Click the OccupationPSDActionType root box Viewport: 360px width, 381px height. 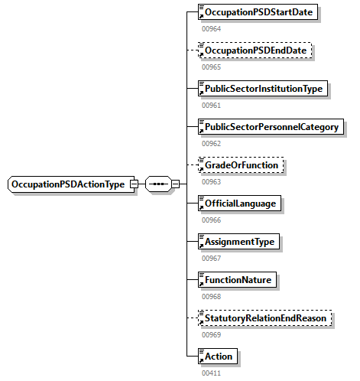tap(68, 184)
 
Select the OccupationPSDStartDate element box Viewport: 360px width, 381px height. tap(258, 12)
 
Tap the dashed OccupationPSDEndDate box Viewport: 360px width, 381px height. tap(256, 50)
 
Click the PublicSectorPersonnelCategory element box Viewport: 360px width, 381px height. tap(270, 127)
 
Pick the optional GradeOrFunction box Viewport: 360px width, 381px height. tap(240, 165)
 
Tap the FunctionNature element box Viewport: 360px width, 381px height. tap(237, 280)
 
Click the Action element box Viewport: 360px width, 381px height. tap(217, 357)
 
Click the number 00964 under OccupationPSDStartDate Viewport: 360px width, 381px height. tap(210, 29)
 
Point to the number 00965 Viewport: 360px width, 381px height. tap(210, 67)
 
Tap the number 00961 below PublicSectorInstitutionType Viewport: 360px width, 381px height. tap(210, 106)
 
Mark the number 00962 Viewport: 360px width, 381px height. tap(210, 144)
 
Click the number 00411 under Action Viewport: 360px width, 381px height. tap(210, 373)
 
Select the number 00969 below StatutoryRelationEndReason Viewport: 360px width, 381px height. tap(210, 335)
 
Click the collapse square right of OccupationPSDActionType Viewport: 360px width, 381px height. tap(134, 184)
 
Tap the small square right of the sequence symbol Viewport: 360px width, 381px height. tap(175, 184)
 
